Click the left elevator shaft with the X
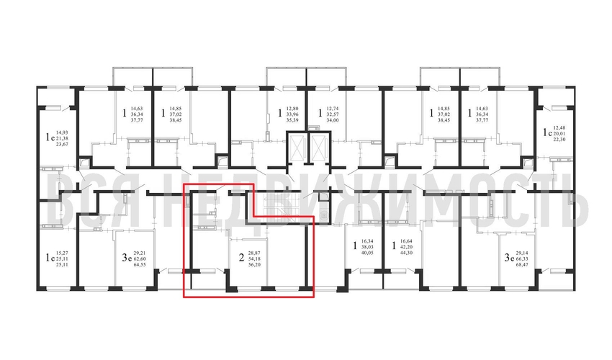pyautogui.click(x=295, y=146)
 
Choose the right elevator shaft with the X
pyautogui.click(x=317, y=146)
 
